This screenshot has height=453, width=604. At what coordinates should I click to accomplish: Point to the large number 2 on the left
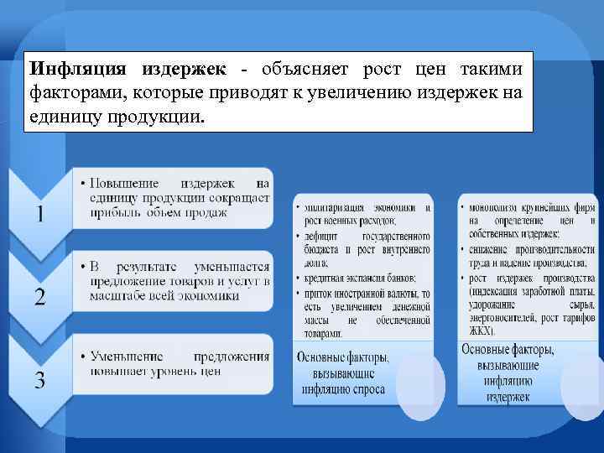point(40,295)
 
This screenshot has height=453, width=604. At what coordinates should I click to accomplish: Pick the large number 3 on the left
point(40,379)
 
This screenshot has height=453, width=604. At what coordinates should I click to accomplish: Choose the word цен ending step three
point(211,371)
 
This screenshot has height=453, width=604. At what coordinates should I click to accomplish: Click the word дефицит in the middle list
point(319,237)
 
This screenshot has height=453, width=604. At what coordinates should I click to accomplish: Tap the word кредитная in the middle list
point(324,278)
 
